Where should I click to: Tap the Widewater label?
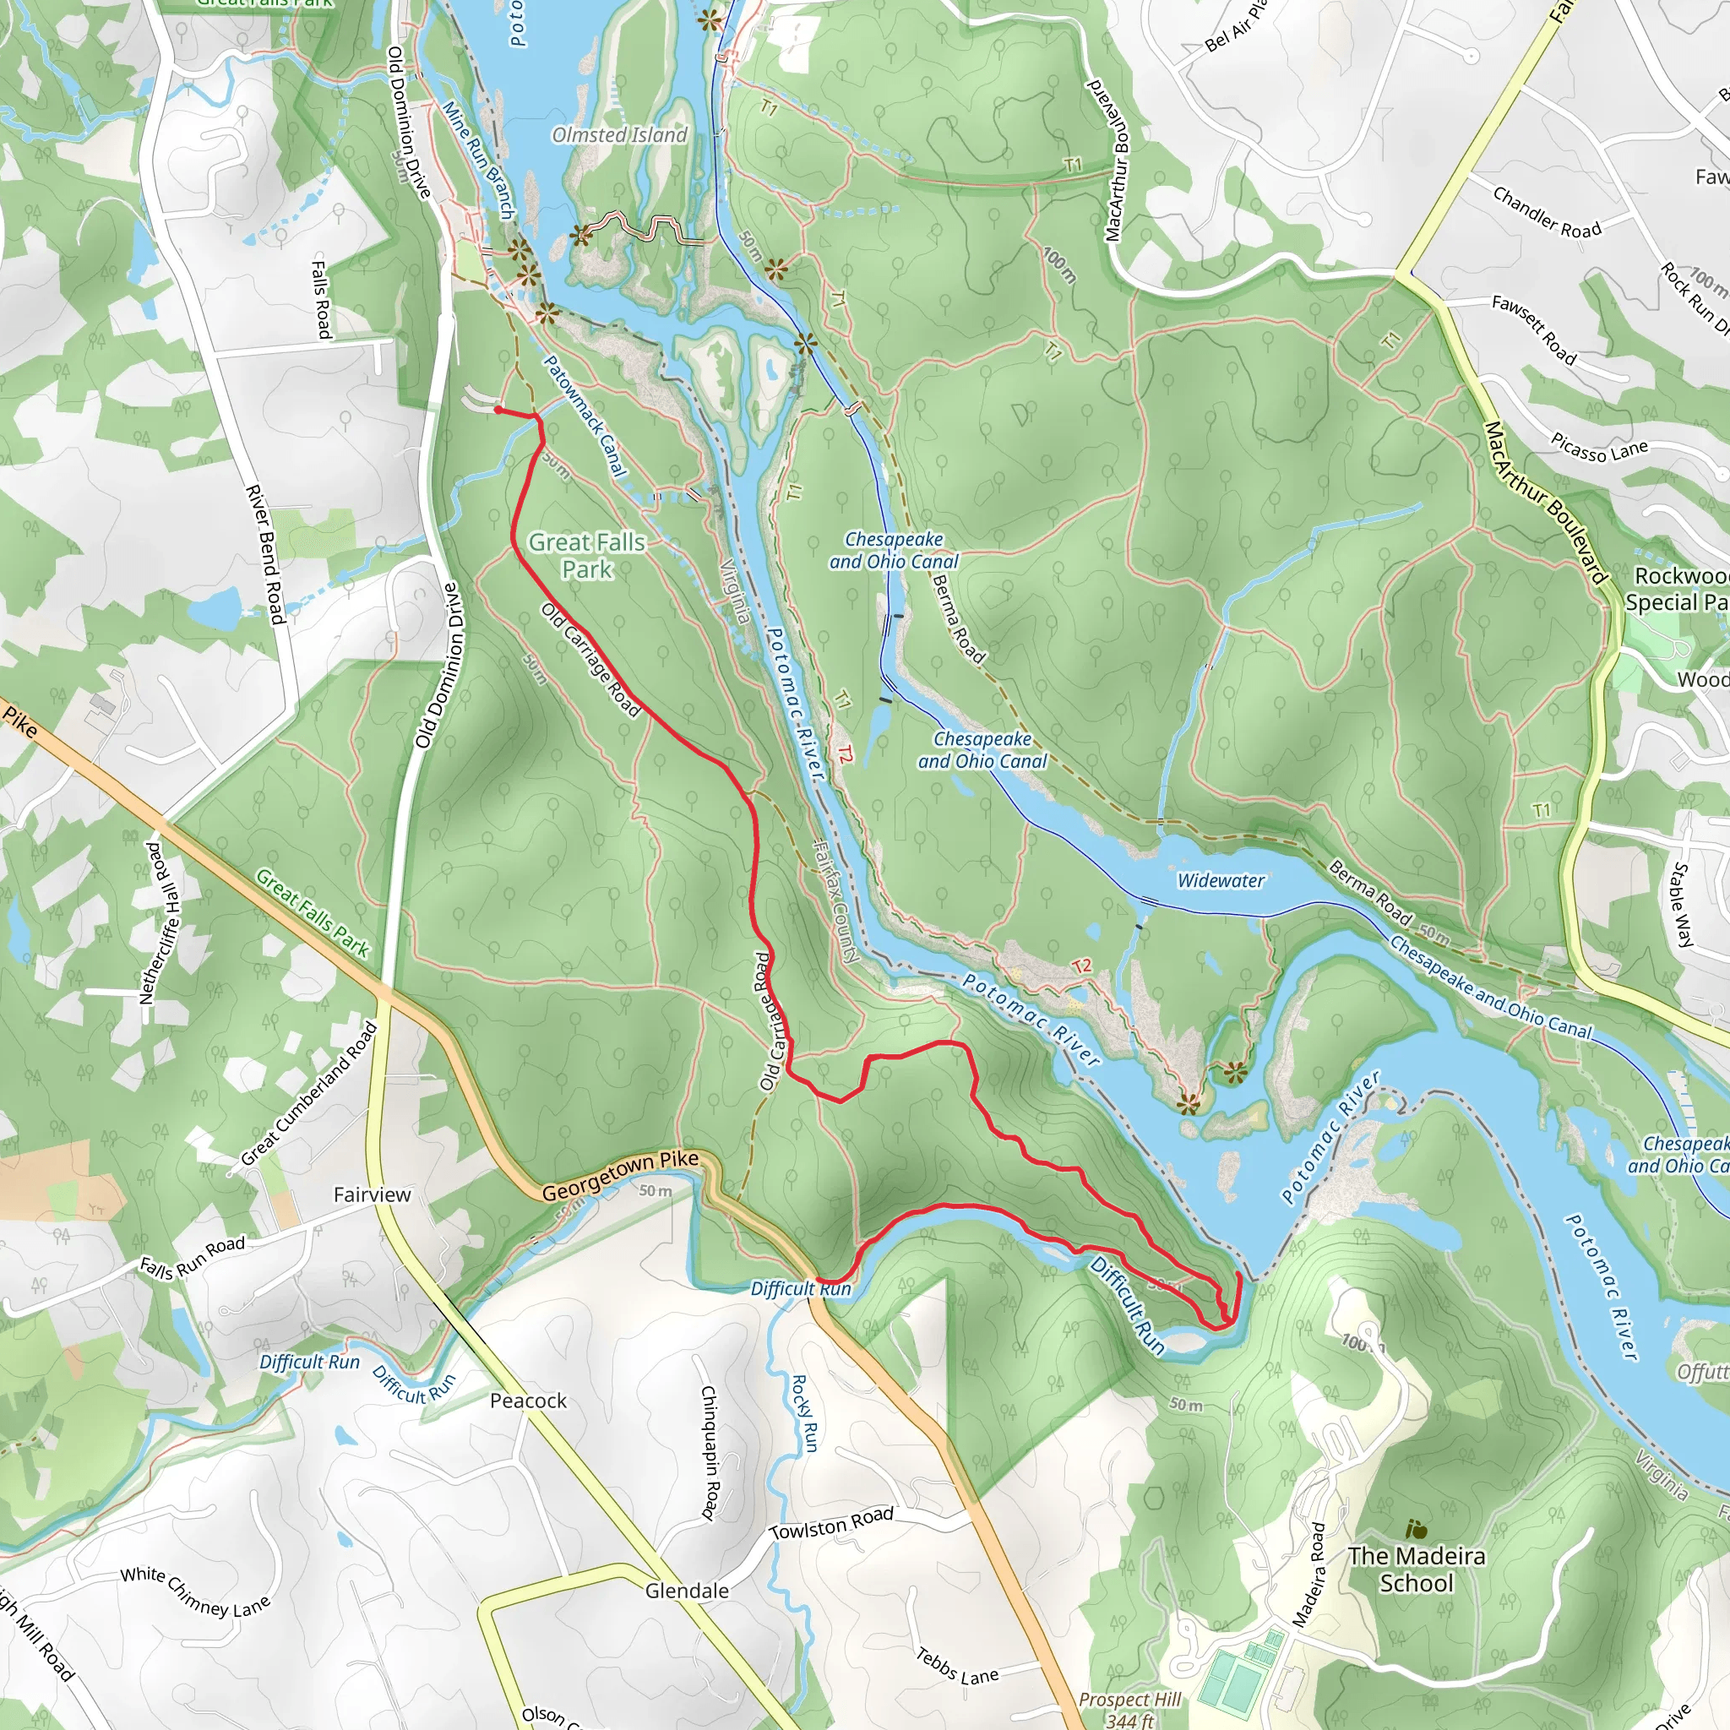click(x=1221, y=880)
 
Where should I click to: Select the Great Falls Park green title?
click(x=586, y=555)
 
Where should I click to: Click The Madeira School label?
click(x=1417, y=1569)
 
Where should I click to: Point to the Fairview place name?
click(x=372, y=1194)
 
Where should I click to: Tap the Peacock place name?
click(x=528, y=1401)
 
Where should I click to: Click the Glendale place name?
click(x=687, y=1591)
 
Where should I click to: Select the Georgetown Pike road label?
click(x=620, y=1176)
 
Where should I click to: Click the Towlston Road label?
click(x=832, y=1523)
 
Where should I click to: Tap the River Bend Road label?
click(x=265, y=555)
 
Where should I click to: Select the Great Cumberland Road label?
click(x=309, y=1094)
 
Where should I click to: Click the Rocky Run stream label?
click(x=804, y=1413)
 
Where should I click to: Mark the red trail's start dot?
click(x=498, y=410)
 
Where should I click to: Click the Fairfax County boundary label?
click(x=835, y=900)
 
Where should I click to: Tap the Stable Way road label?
click(x=1683, y=905)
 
